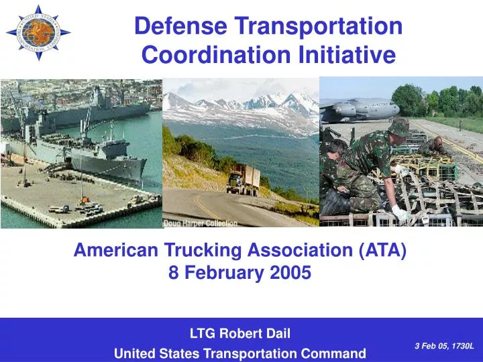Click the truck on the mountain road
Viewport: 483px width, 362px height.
point(243,179)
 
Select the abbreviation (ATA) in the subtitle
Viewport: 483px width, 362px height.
point(383,250)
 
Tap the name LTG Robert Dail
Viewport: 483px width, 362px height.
point(240,331)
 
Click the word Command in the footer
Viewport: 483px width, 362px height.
point(335,353)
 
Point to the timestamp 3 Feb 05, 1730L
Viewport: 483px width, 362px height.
point(443,345)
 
